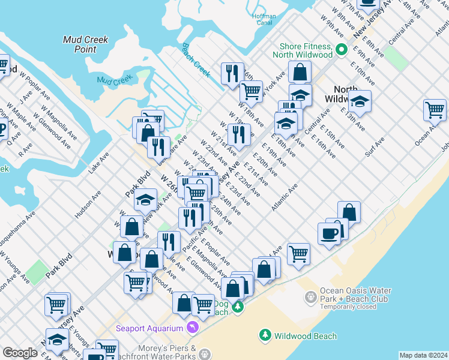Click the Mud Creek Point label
(86, 44)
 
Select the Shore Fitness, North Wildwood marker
(342, 50)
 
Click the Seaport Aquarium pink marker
(192, 328)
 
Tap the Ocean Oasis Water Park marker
(310, 296)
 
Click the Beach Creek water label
(196, 61)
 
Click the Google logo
(20, 353)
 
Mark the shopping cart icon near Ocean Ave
(435, 110)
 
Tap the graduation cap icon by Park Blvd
(145, 199)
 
